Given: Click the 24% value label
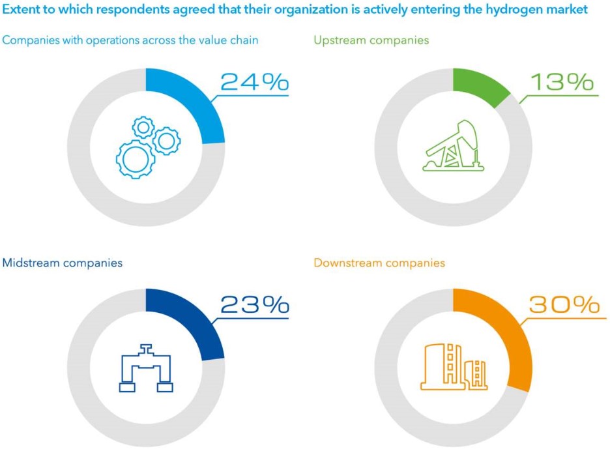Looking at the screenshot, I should point(254,82).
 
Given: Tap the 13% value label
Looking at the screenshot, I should point(562,82).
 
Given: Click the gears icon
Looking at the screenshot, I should point(147,147).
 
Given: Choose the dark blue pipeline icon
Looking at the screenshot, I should point(147,368).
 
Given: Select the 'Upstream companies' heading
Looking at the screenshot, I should point(371,40).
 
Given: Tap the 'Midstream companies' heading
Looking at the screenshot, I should point(63,263).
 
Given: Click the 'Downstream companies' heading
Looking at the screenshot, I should point(379,263).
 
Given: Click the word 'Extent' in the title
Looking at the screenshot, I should point(20,10).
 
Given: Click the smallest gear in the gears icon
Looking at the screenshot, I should point(143,126).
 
